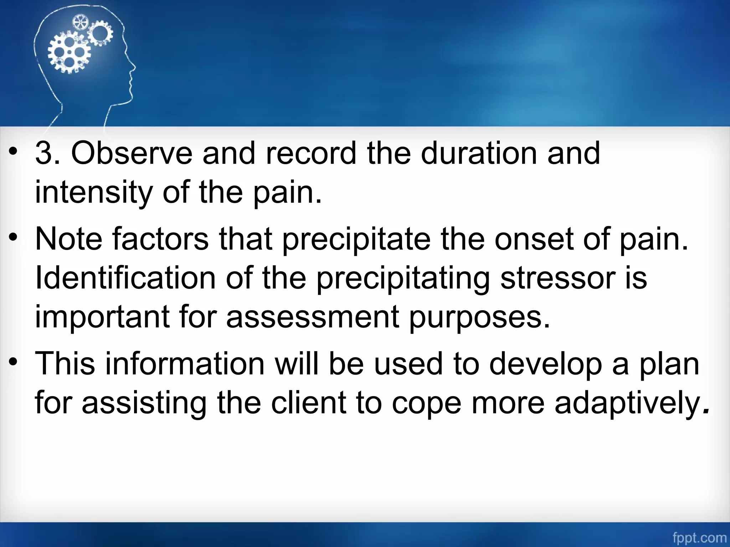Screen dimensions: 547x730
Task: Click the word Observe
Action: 132,153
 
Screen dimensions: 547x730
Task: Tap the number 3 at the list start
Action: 44,153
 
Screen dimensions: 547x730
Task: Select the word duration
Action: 479,153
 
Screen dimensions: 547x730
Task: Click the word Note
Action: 69,239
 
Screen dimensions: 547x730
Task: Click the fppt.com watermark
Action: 700,538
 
